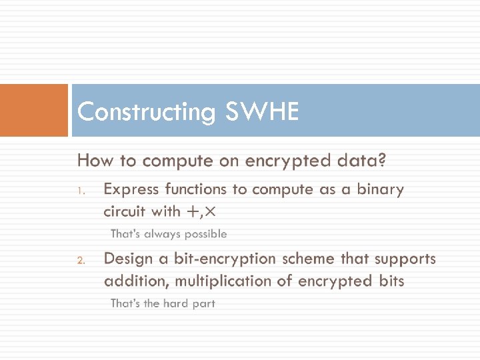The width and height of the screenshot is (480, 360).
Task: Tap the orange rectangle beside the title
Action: click(x=34, y=110)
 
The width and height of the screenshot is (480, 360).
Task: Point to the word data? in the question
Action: click(x=361, y=161)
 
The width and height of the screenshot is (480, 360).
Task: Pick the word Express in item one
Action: click(x=131, y=189)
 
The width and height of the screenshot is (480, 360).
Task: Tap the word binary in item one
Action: click(x=380, y=189)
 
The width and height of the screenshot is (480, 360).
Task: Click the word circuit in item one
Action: click(x=125, y=211)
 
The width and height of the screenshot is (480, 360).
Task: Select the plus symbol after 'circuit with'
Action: click(x=193, y=212)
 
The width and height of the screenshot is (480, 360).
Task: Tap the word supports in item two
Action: click(x=405, y=259)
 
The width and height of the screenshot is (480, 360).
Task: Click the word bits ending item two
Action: click(x=390, y=281)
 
